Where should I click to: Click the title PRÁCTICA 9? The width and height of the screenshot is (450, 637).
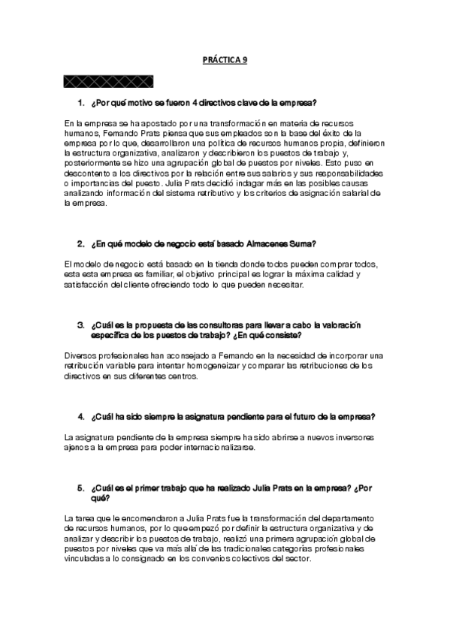coord(225,63)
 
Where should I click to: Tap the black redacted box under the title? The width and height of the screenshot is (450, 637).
coord(109,80)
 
